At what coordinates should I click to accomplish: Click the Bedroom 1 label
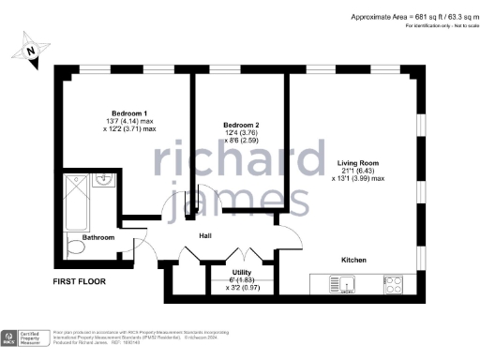click(130, 112)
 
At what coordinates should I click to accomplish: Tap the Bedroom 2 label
click(241, 125)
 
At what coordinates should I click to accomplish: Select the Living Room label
click(357, 163)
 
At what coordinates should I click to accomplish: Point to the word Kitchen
click(353, 260)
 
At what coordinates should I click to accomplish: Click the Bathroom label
click(97, 238)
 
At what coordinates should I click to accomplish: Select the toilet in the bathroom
click(78, 248)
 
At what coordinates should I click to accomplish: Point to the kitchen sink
click(344, 283)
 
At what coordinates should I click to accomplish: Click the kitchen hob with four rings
click(393, 283)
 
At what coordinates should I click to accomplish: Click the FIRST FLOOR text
click(79, 281)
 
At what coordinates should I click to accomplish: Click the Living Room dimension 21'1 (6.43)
click(357, 172)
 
